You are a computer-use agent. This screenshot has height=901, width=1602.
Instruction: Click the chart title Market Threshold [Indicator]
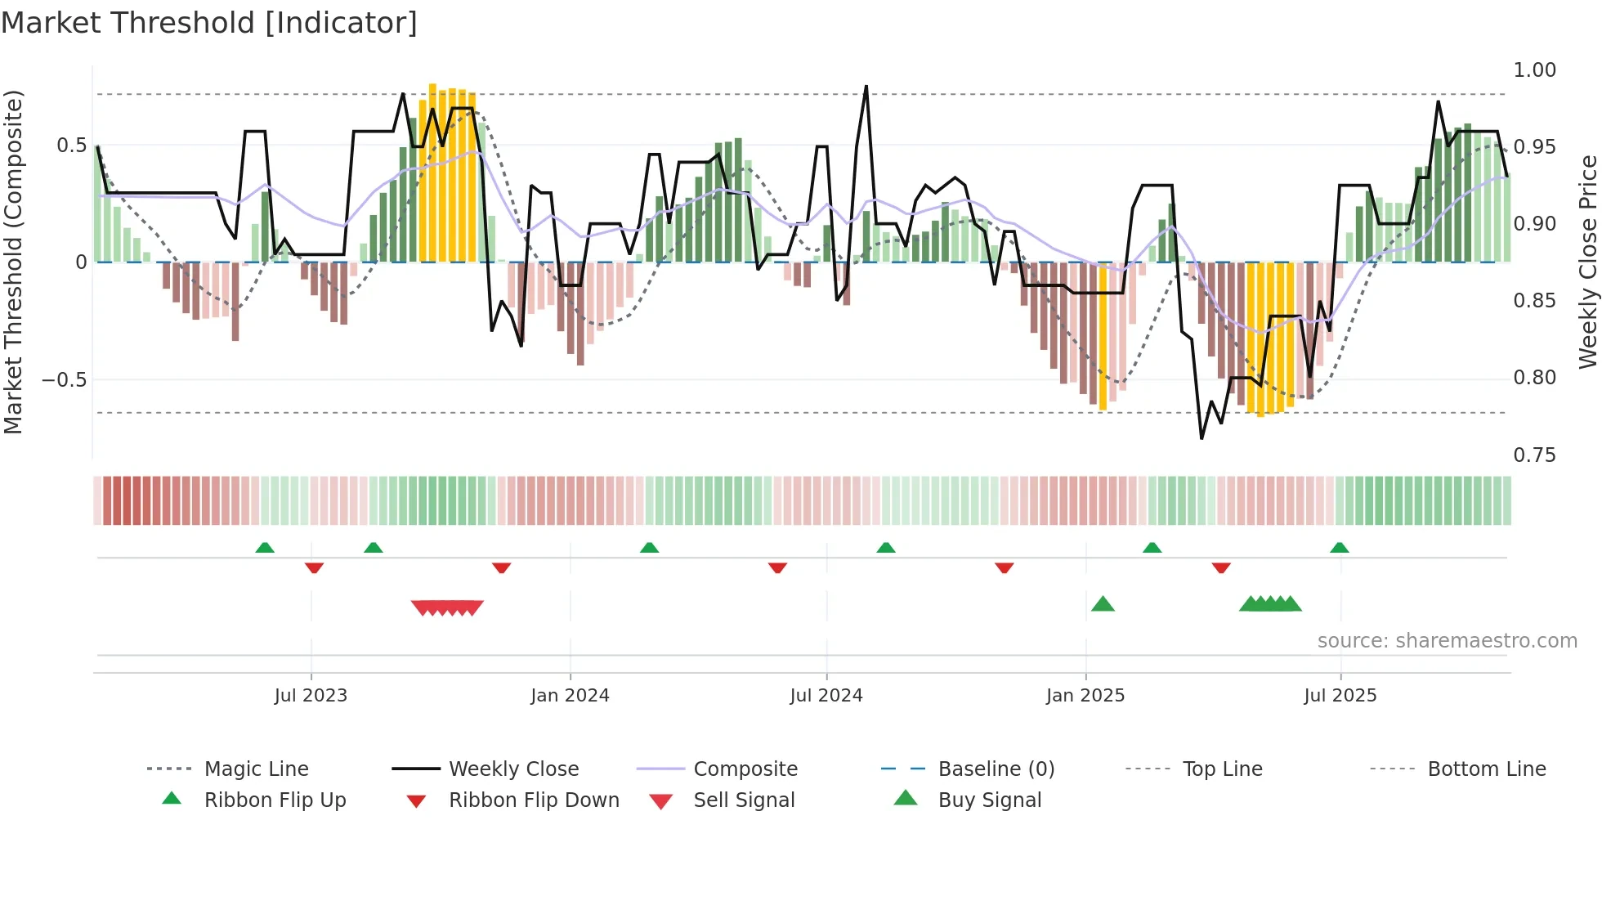click(x=209, y=23)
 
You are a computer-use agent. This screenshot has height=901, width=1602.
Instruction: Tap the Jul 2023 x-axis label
click(x=311, y=696)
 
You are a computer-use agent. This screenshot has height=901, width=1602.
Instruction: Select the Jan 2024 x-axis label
click(x=570, y=696)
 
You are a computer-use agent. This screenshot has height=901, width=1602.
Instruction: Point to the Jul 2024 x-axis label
click(x=826, y=696)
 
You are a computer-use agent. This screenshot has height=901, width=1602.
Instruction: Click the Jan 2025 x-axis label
click(x=1085, y=696)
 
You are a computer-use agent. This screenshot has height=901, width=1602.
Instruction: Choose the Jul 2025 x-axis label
click(x=1340, y=696)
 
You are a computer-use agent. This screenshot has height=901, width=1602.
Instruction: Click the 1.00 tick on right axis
click(x=1534, y=70)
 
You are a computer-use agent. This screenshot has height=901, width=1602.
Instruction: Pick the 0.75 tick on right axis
click(x=1534, y=455)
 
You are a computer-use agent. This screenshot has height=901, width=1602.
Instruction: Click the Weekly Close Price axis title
click(x=1587, y=262)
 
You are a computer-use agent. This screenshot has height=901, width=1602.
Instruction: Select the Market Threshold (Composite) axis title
click(x=13, y=262)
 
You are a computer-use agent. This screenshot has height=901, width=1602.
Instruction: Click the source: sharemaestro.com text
click(x=1447, y=641)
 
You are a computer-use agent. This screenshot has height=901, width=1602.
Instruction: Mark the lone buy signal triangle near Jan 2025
click(x=1103, y=604)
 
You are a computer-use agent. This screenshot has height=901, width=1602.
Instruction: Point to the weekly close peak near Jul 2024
click(x=866, y=87)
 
